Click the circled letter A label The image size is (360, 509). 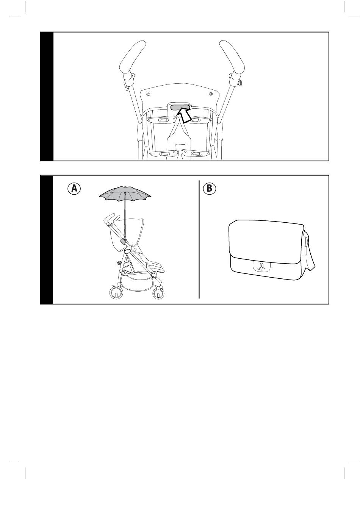click(74, 188)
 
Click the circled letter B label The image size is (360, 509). click(209, 188)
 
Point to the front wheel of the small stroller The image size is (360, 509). click(158, 294)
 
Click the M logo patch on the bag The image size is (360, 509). click(261, 266)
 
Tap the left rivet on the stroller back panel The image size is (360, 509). click(148, 94)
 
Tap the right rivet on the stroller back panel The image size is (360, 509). click(211, 94)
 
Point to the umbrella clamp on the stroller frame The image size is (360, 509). click(124, 240)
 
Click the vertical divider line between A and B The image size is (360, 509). click(199, 239)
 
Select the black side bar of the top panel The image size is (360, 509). click(47, 97)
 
